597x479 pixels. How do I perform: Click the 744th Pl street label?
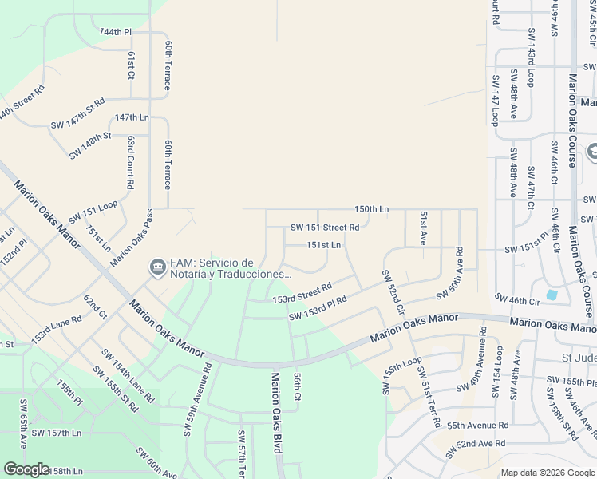point(116,31)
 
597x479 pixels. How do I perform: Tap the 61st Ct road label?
point(132,65)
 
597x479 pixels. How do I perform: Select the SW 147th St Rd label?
point(78,114)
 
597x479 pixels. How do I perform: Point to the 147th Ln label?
point(132,117)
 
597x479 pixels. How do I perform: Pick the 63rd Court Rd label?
point(129,162)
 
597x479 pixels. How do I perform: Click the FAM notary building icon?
point(156,266)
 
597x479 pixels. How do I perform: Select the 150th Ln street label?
point(371,208)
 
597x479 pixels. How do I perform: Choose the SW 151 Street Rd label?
point(325,228)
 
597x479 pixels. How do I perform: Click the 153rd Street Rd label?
point(302,293)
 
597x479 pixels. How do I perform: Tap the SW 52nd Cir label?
point(394,291)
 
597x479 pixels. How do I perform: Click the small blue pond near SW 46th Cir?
point(552,295)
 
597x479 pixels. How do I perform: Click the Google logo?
point(26,469)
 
